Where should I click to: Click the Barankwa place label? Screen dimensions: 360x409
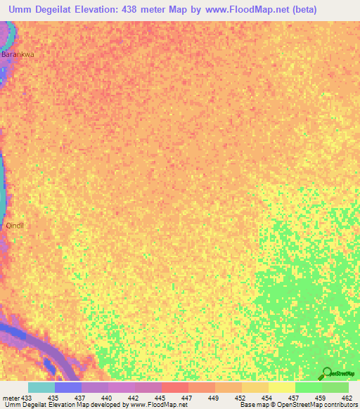click(x=18, y=53)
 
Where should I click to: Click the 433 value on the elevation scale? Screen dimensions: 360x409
click(x=27, y=398)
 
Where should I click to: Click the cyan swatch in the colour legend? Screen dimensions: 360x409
click(x=41, y=387)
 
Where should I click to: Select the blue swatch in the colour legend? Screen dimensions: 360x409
click(x=67, y=387)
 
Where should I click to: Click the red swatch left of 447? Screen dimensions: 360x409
click(x=174, y=387)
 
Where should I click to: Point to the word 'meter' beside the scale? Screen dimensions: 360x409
click(x=10, y=398)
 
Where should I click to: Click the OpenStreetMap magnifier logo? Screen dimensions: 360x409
click(x=326, y=373)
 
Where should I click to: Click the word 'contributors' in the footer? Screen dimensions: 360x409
click(x=338, y=405)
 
